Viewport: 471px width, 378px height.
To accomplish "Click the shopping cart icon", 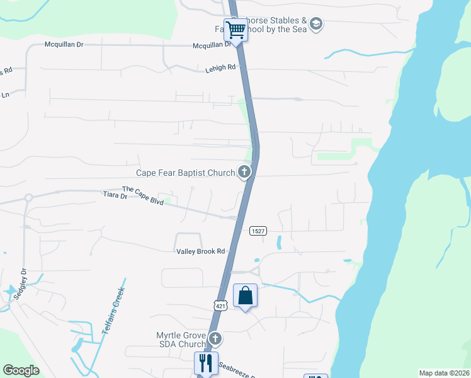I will click(236, 30).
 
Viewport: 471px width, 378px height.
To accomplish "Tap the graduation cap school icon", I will click(316, 25).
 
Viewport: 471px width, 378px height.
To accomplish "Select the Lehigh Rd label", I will click(220, 67).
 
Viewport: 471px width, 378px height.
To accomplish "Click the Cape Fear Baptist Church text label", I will click(185, 173).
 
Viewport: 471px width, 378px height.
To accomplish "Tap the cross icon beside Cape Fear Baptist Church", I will click(244, 171).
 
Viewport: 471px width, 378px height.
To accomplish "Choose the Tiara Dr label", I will click(115, 196).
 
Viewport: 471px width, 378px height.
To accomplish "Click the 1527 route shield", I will click(257, 231).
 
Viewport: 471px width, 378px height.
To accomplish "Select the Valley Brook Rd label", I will click(200, 251).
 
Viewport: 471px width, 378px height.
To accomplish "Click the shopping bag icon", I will click(245, 295).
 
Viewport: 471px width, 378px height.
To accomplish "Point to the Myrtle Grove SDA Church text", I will click(181, 340).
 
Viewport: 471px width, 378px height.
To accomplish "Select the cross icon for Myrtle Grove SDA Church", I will click(215, 339).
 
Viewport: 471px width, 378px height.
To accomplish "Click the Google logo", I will click(21, 370).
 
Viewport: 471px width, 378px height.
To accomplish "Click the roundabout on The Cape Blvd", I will click(28, 197).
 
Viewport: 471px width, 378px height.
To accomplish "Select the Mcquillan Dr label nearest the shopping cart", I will click(212, 45).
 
